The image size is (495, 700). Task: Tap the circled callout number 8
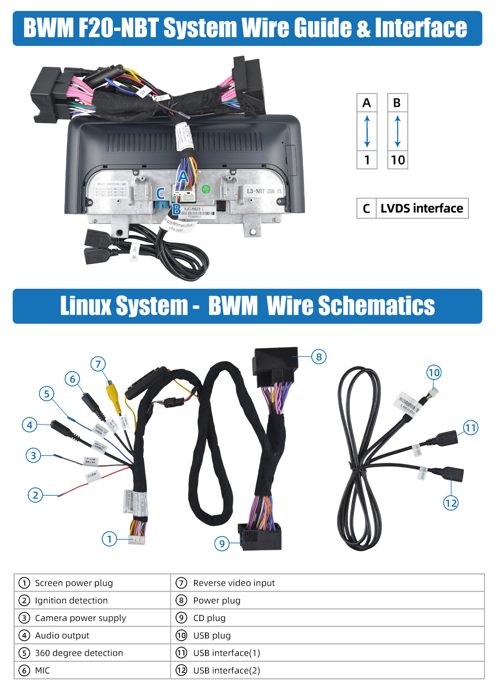pyautogui.click(x=319, y=357)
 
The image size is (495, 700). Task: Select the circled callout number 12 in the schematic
pyautogui.click(x=450, y=503)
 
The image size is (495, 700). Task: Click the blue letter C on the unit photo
pyautogui.click(x=160, y=193)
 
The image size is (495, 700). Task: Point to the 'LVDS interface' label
pyautogui.click(x=422, y=208)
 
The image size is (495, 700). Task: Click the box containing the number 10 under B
pyautogui.click(x=397, y=160)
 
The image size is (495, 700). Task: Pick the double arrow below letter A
pyautogui.click(x=367, y=131)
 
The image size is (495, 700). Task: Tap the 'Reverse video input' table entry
pyautogui.click(x=234, y=583)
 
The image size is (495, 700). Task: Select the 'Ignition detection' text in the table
pyautogui.click(x=71, y=600)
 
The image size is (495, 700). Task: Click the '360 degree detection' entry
pyautogui.click(x=79, y=653)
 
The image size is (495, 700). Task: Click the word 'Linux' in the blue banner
pyautogui.click(x=87, y=306)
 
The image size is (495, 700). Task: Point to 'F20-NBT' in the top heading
pyautogui.click(x=118, y=28)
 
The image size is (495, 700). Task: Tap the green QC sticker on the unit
pyautogui.click(x=206, y=189)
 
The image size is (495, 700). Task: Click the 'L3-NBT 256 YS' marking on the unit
pyautogui.click(x=264, y=191)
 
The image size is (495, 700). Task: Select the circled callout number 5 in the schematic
pyautogui.click(x=46, y=394)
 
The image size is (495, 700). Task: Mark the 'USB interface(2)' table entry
pyautogui.click(x=227, y=670)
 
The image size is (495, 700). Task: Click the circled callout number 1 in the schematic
pyautogui.click(x=109, y=539)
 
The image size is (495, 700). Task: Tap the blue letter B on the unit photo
pyautogui.click(x=176, y=210)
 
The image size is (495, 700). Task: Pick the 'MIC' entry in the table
pyautogui.click(x=42, y=670)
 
